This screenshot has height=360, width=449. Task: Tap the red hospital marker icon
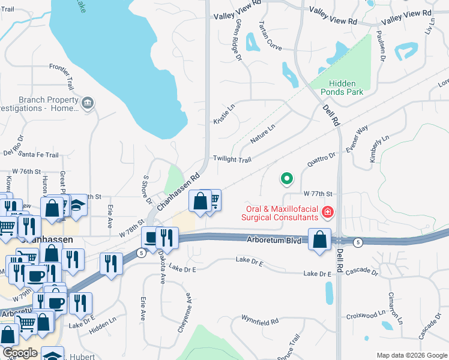tap(328, 211)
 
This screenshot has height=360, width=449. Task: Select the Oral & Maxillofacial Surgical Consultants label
tap(279, 214)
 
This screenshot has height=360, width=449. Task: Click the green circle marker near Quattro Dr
tap(287, 178)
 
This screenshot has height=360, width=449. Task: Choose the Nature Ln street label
tap(262, 133)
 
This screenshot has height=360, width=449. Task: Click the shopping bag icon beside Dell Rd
tap(321, 239)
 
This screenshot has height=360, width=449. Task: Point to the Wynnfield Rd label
tap(260, 321)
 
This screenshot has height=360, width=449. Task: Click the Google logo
tap(19, 353)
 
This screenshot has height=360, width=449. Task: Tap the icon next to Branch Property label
tap(88, 104)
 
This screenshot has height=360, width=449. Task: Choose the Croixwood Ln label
tap(366, 314)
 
